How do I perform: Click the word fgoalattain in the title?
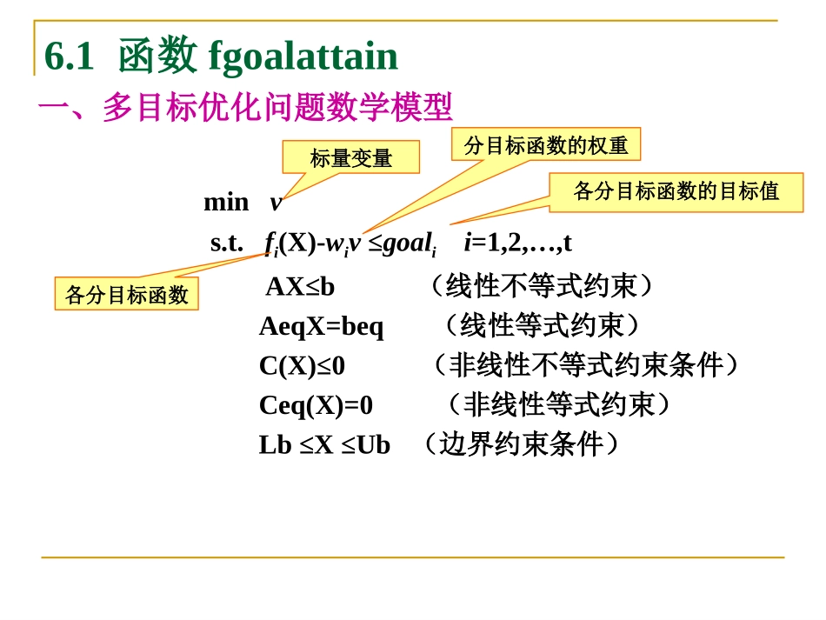303,57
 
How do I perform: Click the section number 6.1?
69,57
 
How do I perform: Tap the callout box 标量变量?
350,157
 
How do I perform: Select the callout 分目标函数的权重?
545,144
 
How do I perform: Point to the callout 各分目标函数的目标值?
676,191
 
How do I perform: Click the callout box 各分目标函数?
126,294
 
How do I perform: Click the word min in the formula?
226,202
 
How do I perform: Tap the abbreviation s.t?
227,243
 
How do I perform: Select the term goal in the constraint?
407,243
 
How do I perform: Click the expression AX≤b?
299,286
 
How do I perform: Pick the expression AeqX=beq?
321,326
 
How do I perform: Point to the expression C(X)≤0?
302,365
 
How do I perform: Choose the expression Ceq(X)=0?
316,404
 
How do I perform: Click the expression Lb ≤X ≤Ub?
324,444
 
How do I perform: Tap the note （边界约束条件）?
520,444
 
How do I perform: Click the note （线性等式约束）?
542,326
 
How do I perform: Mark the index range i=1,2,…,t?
517,243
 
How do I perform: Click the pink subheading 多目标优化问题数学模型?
277,108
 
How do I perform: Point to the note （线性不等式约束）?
541,286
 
